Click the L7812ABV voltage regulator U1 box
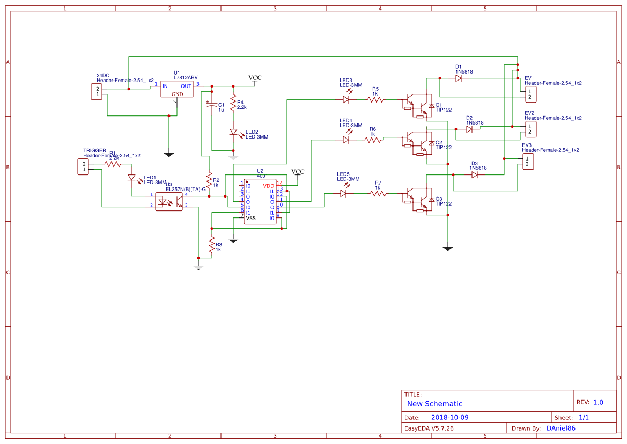pyautogui.click(x=176, y=89)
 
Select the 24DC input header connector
pyautogui.click(x=97, y=91)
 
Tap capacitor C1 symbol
pyautogui.click(x=212, y=106)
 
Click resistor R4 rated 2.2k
pyautogui.click(x=233, y=104)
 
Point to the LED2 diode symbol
pyautogui.click(x=233, y=132)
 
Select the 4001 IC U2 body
pyautogui.click(x=260, y=201)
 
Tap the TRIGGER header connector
pyautogui.click(x=83, y=166)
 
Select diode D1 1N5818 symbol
pyautogui.click(x=459, y=78)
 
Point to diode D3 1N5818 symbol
pyautogui.click(x=474, y=174)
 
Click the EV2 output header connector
pyautogui.click(x=529, y=129)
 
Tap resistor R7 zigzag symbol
pyautogui.click(x=378, y=193)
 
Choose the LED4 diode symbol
pyautogui.click(x=346, y=140)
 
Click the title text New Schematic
pyautogui.click(x=434, y=404)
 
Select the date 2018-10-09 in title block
pyautogui.click(x=449, y=417)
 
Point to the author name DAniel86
pyautogui.click(x=560, y=428)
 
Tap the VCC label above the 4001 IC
pyautogui.click(x=298, y=172)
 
